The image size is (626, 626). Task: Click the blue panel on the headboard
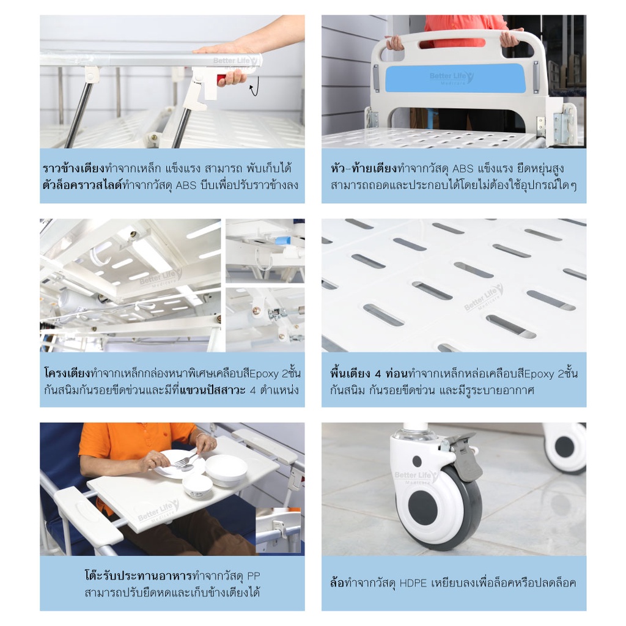[455, 78]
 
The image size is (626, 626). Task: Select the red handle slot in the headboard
[452, 43]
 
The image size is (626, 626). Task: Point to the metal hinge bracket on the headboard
[562, 127]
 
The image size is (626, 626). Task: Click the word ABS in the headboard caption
[463, 169]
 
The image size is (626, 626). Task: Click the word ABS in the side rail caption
[186, 185]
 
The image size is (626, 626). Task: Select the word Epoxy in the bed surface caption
[539, 374]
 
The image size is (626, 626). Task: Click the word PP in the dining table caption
[254, 576]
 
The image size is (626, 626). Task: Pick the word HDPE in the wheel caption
[413, 583]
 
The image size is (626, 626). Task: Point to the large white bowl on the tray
[226, 469]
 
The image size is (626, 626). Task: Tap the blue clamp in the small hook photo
[283, 241]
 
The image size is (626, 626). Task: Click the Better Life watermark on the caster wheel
[416, 477]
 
